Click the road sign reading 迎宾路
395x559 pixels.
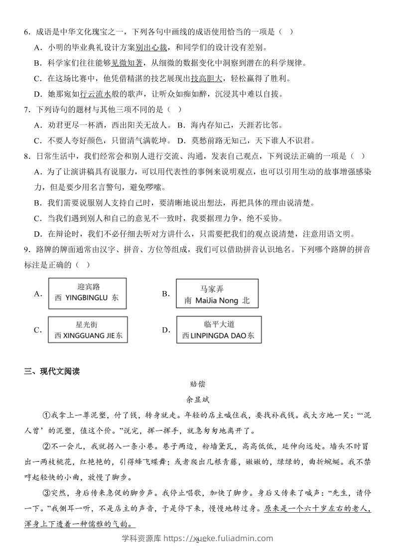click(x=88, y=293)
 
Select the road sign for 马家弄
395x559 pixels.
click(x=217, y=294)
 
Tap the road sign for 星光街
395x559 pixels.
click(x=88, y=329)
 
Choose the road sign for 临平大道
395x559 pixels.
click(x=218, y=330)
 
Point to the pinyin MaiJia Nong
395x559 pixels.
click(x=217, y=301)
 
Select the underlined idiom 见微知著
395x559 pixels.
click(x=127, y=63)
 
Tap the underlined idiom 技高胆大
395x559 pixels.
click(x=207, y=78)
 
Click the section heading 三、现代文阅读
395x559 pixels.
click(x=52, y=371)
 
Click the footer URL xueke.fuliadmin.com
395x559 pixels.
click(x=232, y=538)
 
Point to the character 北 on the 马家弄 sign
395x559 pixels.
click(x=246, y=301)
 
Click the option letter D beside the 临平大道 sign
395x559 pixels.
click(x=166, y=330)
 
